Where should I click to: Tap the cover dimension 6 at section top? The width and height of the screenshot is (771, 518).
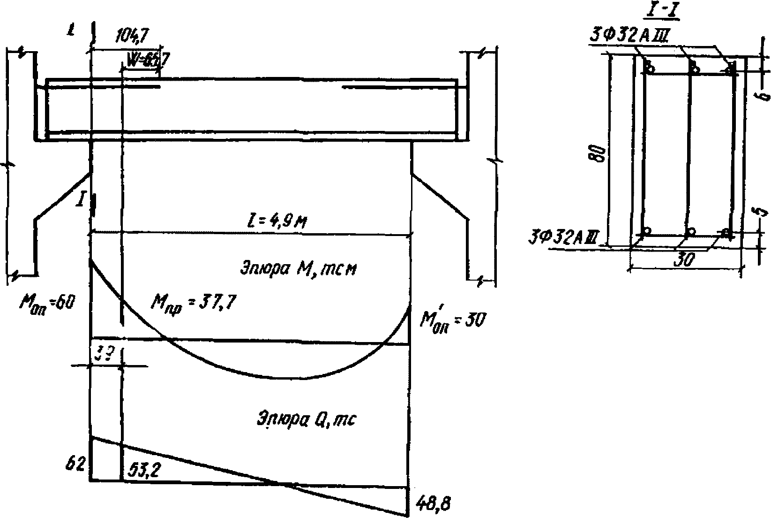pos(764,96)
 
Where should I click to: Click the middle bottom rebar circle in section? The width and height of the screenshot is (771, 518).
pos(690,232)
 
